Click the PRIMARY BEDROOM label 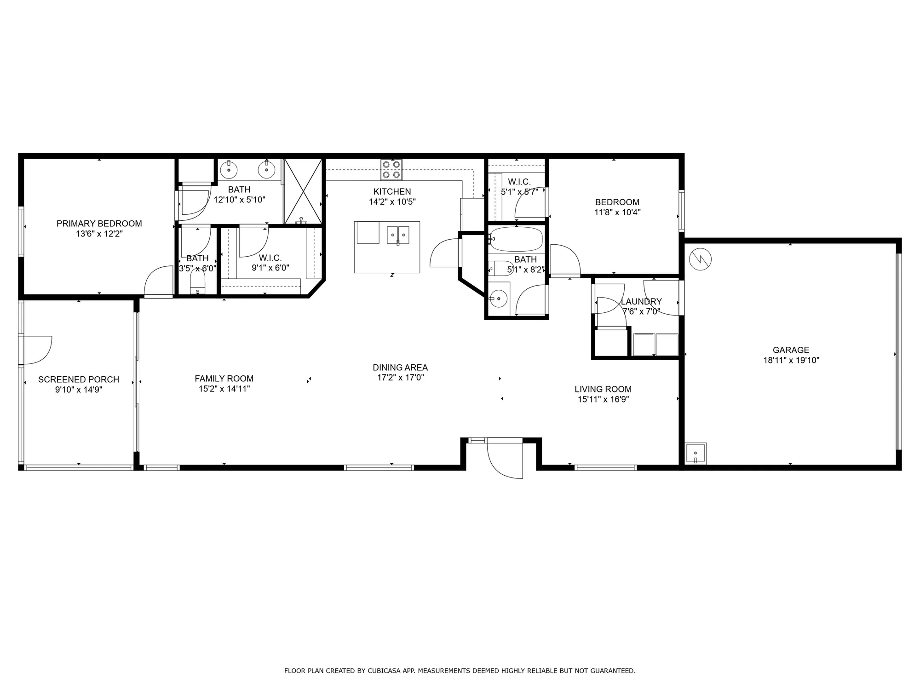[x=99, y=224]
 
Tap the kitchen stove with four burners [x=391, y=170]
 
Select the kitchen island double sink [x=398, y=235]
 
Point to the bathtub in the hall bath [x=516, y=239]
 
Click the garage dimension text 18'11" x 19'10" [x=791, y=360]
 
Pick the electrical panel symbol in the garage [x=700, y=259]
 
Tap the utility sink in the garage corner [x=696, y=454]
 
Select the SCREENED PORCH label [x=79, y=379]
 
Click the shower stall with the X [x=303, y=191]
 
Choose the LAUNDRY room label [x=641, y=301]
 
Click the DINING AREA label [x=400, y=368]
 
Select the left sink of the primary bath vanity [x=229, y=170]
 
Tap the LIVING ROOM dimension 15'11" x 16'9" [x=603, y=399]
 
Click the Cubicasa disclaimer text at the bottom [x=460, y=671]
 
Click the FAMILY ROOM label [x=224, y=379]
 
